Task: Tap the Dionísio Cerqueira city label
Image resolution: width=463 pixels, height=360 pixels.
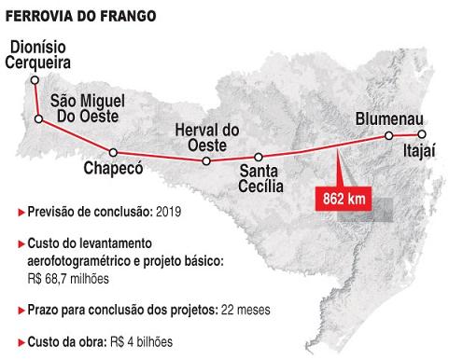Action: click(43, 54)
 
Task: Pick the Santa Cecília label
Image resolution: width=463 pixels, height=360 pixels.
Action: click(260, 177)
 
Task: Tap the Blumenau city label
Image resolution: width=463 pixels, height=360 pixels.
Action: click(390, 118)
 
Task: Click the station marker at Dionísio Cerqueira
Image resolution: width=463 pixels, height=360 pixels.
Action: click(29, 79)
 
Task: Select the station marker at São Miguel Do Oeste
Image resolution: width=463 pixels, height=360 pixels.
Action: click(38, 119)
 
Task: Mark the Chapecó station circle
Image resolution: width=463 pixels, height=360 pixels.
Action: click(113, 152)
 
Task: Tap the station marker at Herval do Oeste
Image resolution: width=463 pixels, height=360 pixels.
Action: click(205, 160)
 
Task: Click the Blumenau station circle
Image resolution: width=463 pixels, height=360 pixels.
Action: click(389, 136)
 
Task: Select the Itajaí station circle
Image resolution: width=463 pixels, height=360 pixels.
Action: click(423, 134)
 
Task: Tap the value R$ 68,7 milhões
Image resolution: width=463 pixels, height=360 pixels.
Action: click(68, 278)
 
